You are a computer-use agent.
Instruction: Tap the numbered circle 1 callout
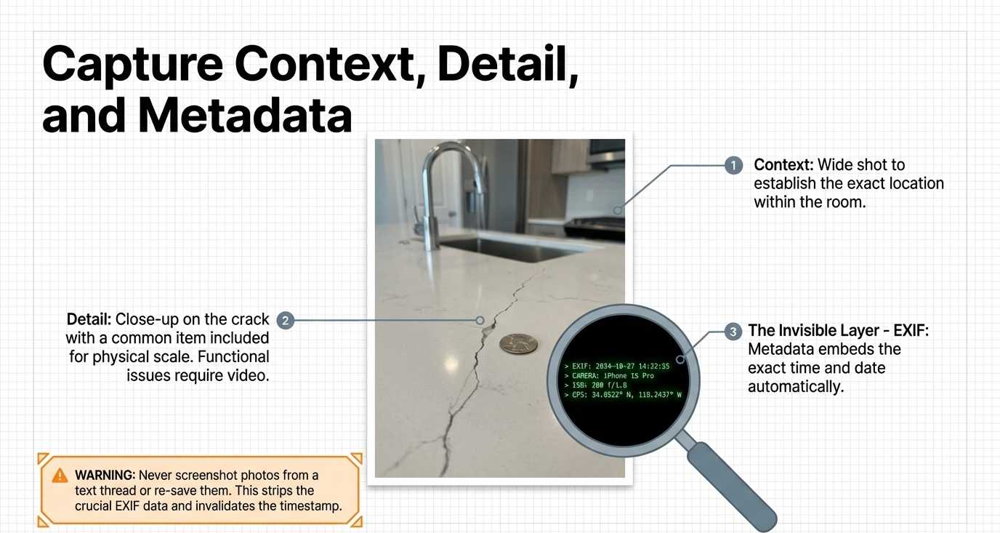click(x=733, y=165)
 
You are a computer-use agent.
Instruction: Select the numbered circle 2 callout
click(x=286, y=321)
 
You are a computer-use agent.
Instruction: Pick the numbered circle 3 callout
click(x=733, y=332)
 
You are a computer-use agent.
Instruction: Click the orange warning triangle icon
click(x=60, y=476)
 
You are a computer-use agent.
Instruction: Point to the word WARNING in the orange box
click(x=105, y=475)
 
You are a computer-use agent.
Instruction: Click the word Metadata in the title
click(x=245, y=116)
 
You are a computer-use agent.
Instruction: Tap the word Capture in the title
click(x=132, y=65)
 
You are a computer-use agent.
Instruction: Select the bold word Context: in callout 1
click(x=784, y=165)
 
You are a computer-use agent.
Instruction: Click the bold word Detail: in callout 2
click(x=89, y=319)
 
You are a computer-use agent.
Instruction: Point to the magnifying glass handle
click(x=732, y=486)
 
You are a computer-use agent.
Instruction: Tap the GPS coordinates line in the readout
click(x=623, y=395)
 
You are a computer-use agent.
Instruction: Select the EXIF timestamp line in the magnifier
click(x=616, y=366)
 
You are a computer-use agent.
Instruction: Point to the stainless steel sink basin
click(x=513, y=249)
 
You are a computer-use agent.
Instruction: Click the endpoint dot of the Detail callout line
click(x=480, y=321)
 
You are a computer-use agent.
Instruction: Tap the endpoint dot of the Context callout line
click(x=618, y=210)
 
